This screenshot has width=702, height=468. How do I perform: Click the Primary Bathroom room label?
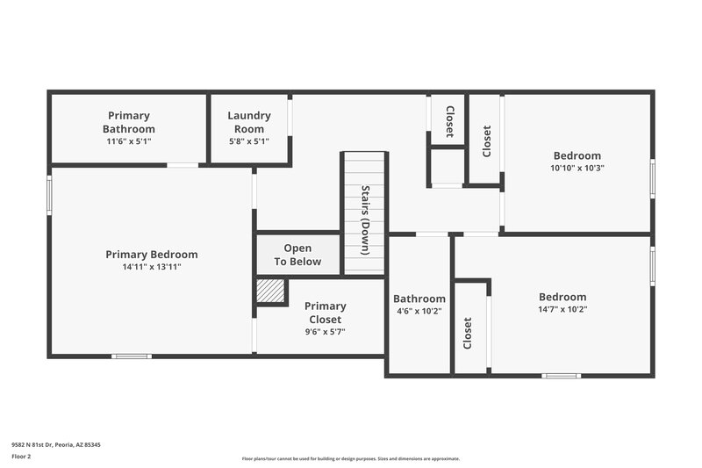[129, 121]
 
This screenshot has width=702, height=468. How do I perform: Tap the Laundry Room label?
[249, 121]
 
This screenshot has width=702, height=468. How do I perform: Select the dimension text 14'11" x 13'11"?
[151, 267]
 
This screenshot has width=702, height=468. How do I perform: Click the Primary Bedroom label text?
[151, 255]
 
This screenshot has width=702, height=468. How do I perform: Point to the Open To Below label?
[297, 255]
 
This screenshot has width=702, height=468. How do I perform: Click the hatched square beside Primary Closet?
[271, 291]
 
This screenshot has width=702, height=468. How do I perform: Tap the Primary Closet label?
[325, 313]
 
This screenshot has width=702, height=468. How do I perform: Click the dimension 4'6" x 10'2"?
[418, 311]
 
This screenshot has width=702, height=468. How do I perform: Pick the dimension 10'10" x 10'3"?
[577, 168]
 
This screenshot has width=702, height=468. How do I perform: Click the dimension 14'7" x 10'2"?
[562, 309]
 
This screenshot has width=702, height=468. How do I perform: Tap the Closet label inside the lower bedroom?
[467, 333]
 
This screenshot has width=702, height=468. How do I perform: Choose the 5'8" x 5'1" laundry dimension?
[249, 140]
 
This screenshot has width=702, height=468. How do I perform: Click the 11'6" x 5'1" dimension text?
[129, 140]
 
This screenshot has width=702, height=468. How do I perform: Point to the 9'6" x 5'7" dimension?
[325, 332]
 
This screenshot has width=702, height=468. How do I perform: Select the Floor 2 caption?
[21, 457]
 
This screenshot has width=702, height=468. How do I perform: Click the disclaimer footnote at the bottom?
[351, 458]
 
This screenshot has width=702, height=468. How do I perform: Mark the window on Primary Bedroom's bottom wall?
[132, 356]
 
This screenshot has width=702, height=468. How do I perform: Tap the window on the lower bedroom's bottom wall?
[561, 376]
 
